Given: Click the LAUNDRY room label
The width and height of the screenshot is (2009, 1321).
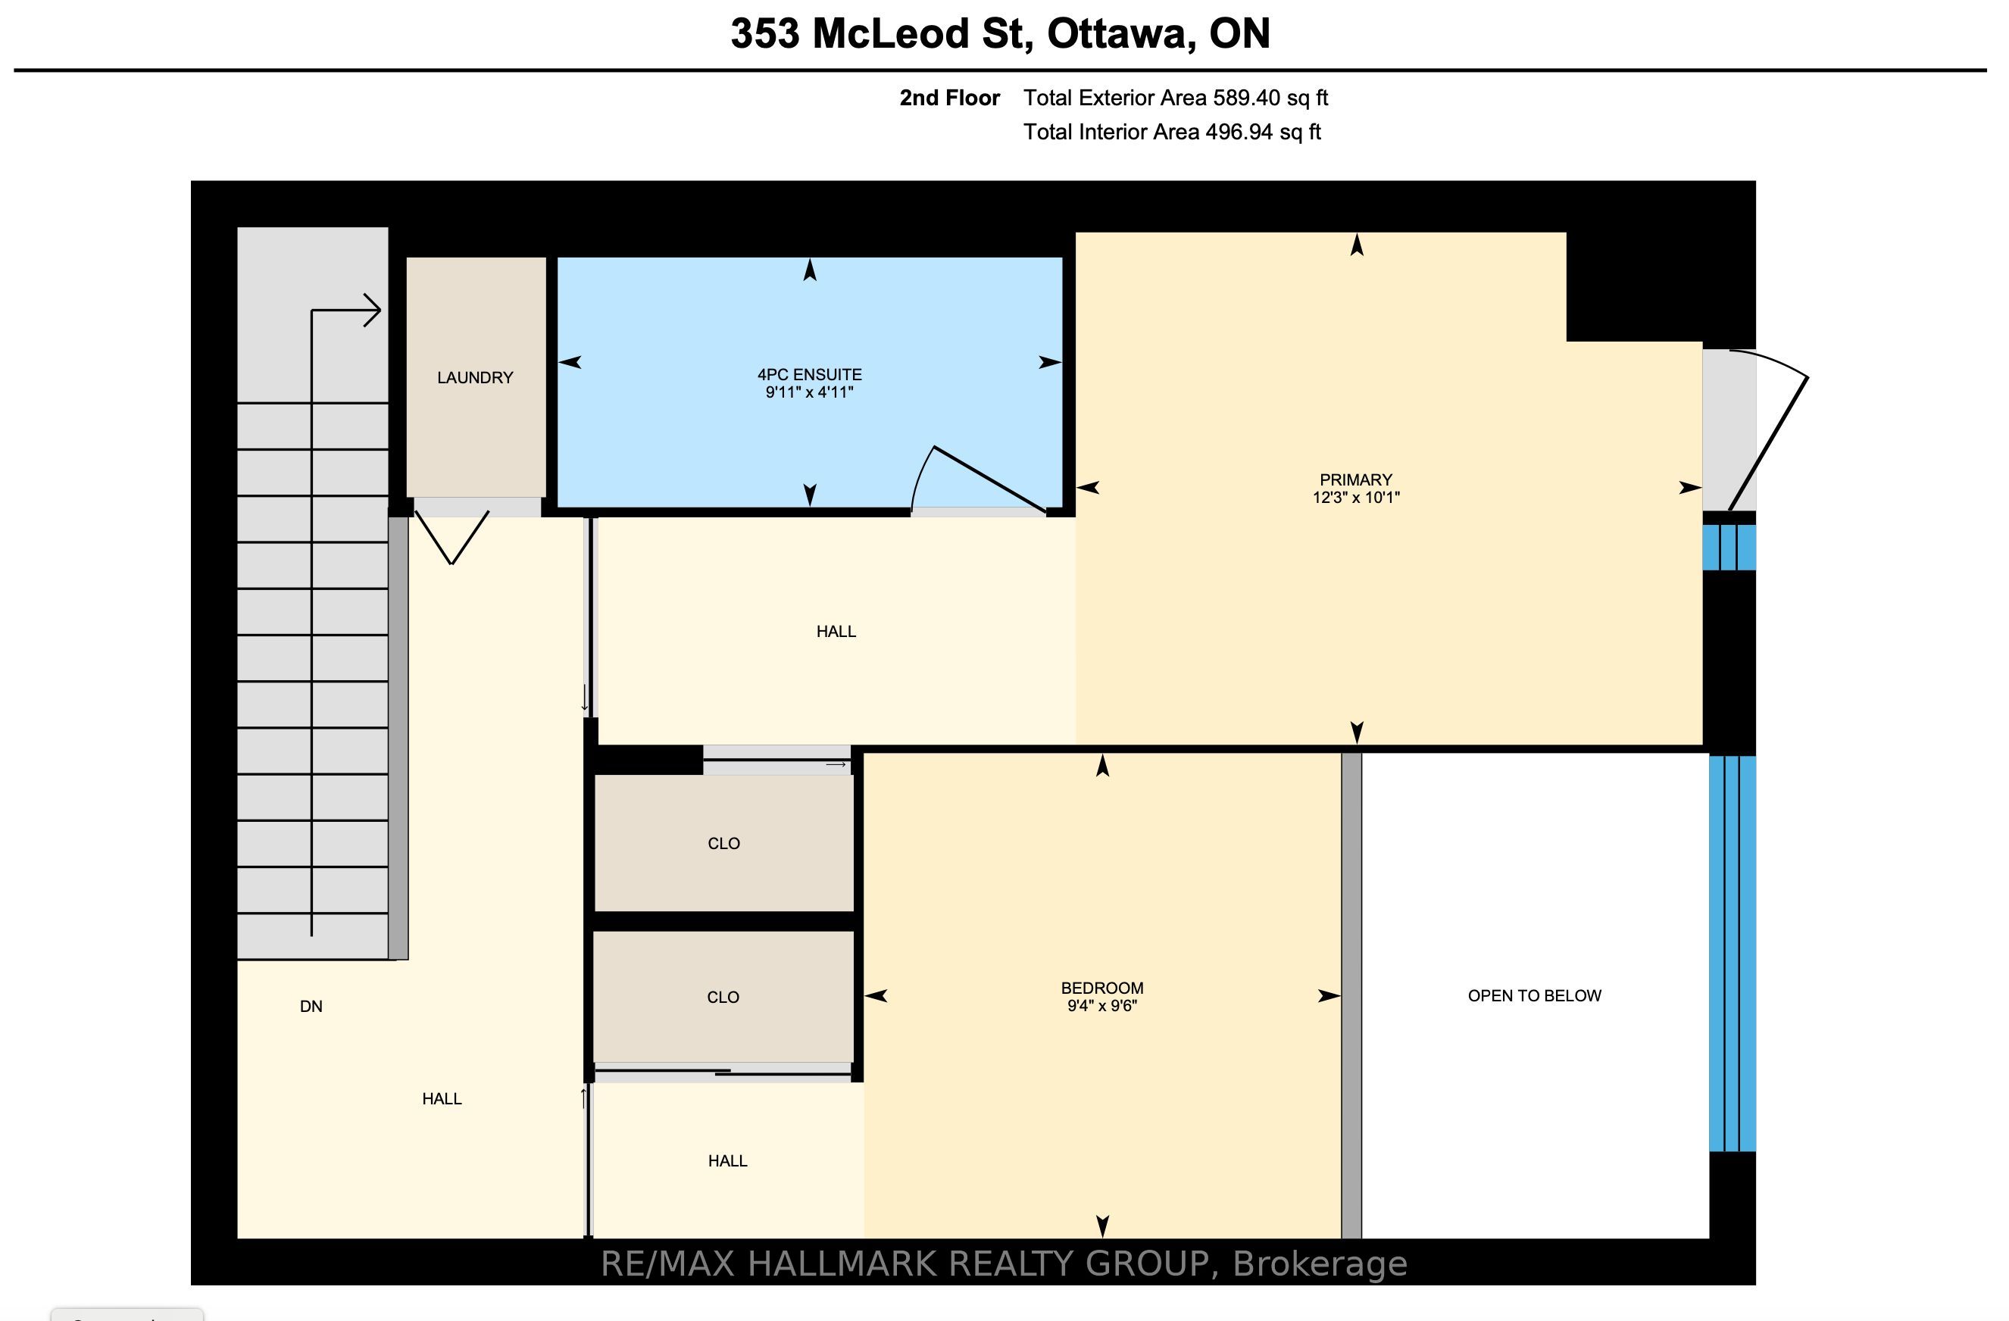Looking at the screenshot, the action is tap(475, 377).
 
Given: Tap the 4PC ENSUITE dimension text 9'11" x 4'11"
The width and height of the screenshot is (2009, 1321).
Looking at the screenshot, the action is tap(810, 392).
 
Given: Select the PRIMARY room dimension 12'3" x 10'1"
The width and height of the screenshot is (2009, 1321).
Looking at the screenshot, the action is tap(1356, 498).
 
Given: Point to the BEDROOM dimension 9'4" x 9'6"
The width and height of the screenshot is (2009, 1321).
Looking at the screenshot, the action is tap(1102, 1006).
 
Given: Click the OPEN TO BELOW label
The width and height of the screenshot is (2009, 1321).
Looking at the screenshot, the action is tap(1535, 996).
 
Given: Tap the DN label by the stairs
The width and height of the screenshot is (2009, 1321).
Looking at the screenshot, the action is tap(311, 1006).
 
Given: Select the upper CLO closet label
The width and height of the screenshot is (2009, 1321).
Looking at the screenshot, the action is tap(723, 843).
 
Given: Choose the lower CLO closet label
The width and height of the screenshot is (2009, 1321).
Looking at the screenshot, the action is tap(723, 997).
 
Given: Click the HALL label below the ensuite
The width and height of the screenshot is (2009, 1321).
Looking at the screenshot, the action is tap(836, 632).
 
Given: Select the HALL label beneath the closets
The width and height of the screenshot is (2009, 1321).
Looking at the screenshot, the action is tap(728, 1160).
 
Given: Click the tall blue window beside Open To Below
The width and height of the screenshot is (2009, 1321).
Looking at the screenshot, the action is tap(1732, 954).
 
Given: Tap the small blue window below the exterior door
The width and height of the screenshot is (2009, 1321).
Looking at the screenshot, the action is tap(1729, 548).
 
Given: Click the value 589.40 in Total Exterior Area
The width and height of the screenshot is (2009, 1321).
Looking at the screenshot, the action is tap(1247, 98).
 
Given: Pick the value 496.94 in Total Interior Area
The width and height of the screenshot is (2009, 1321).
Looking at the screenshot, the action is tap(1239, 133).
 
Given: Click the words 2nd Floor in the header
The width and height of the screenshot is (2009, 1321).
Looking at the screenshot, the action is tap(950, 98).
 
